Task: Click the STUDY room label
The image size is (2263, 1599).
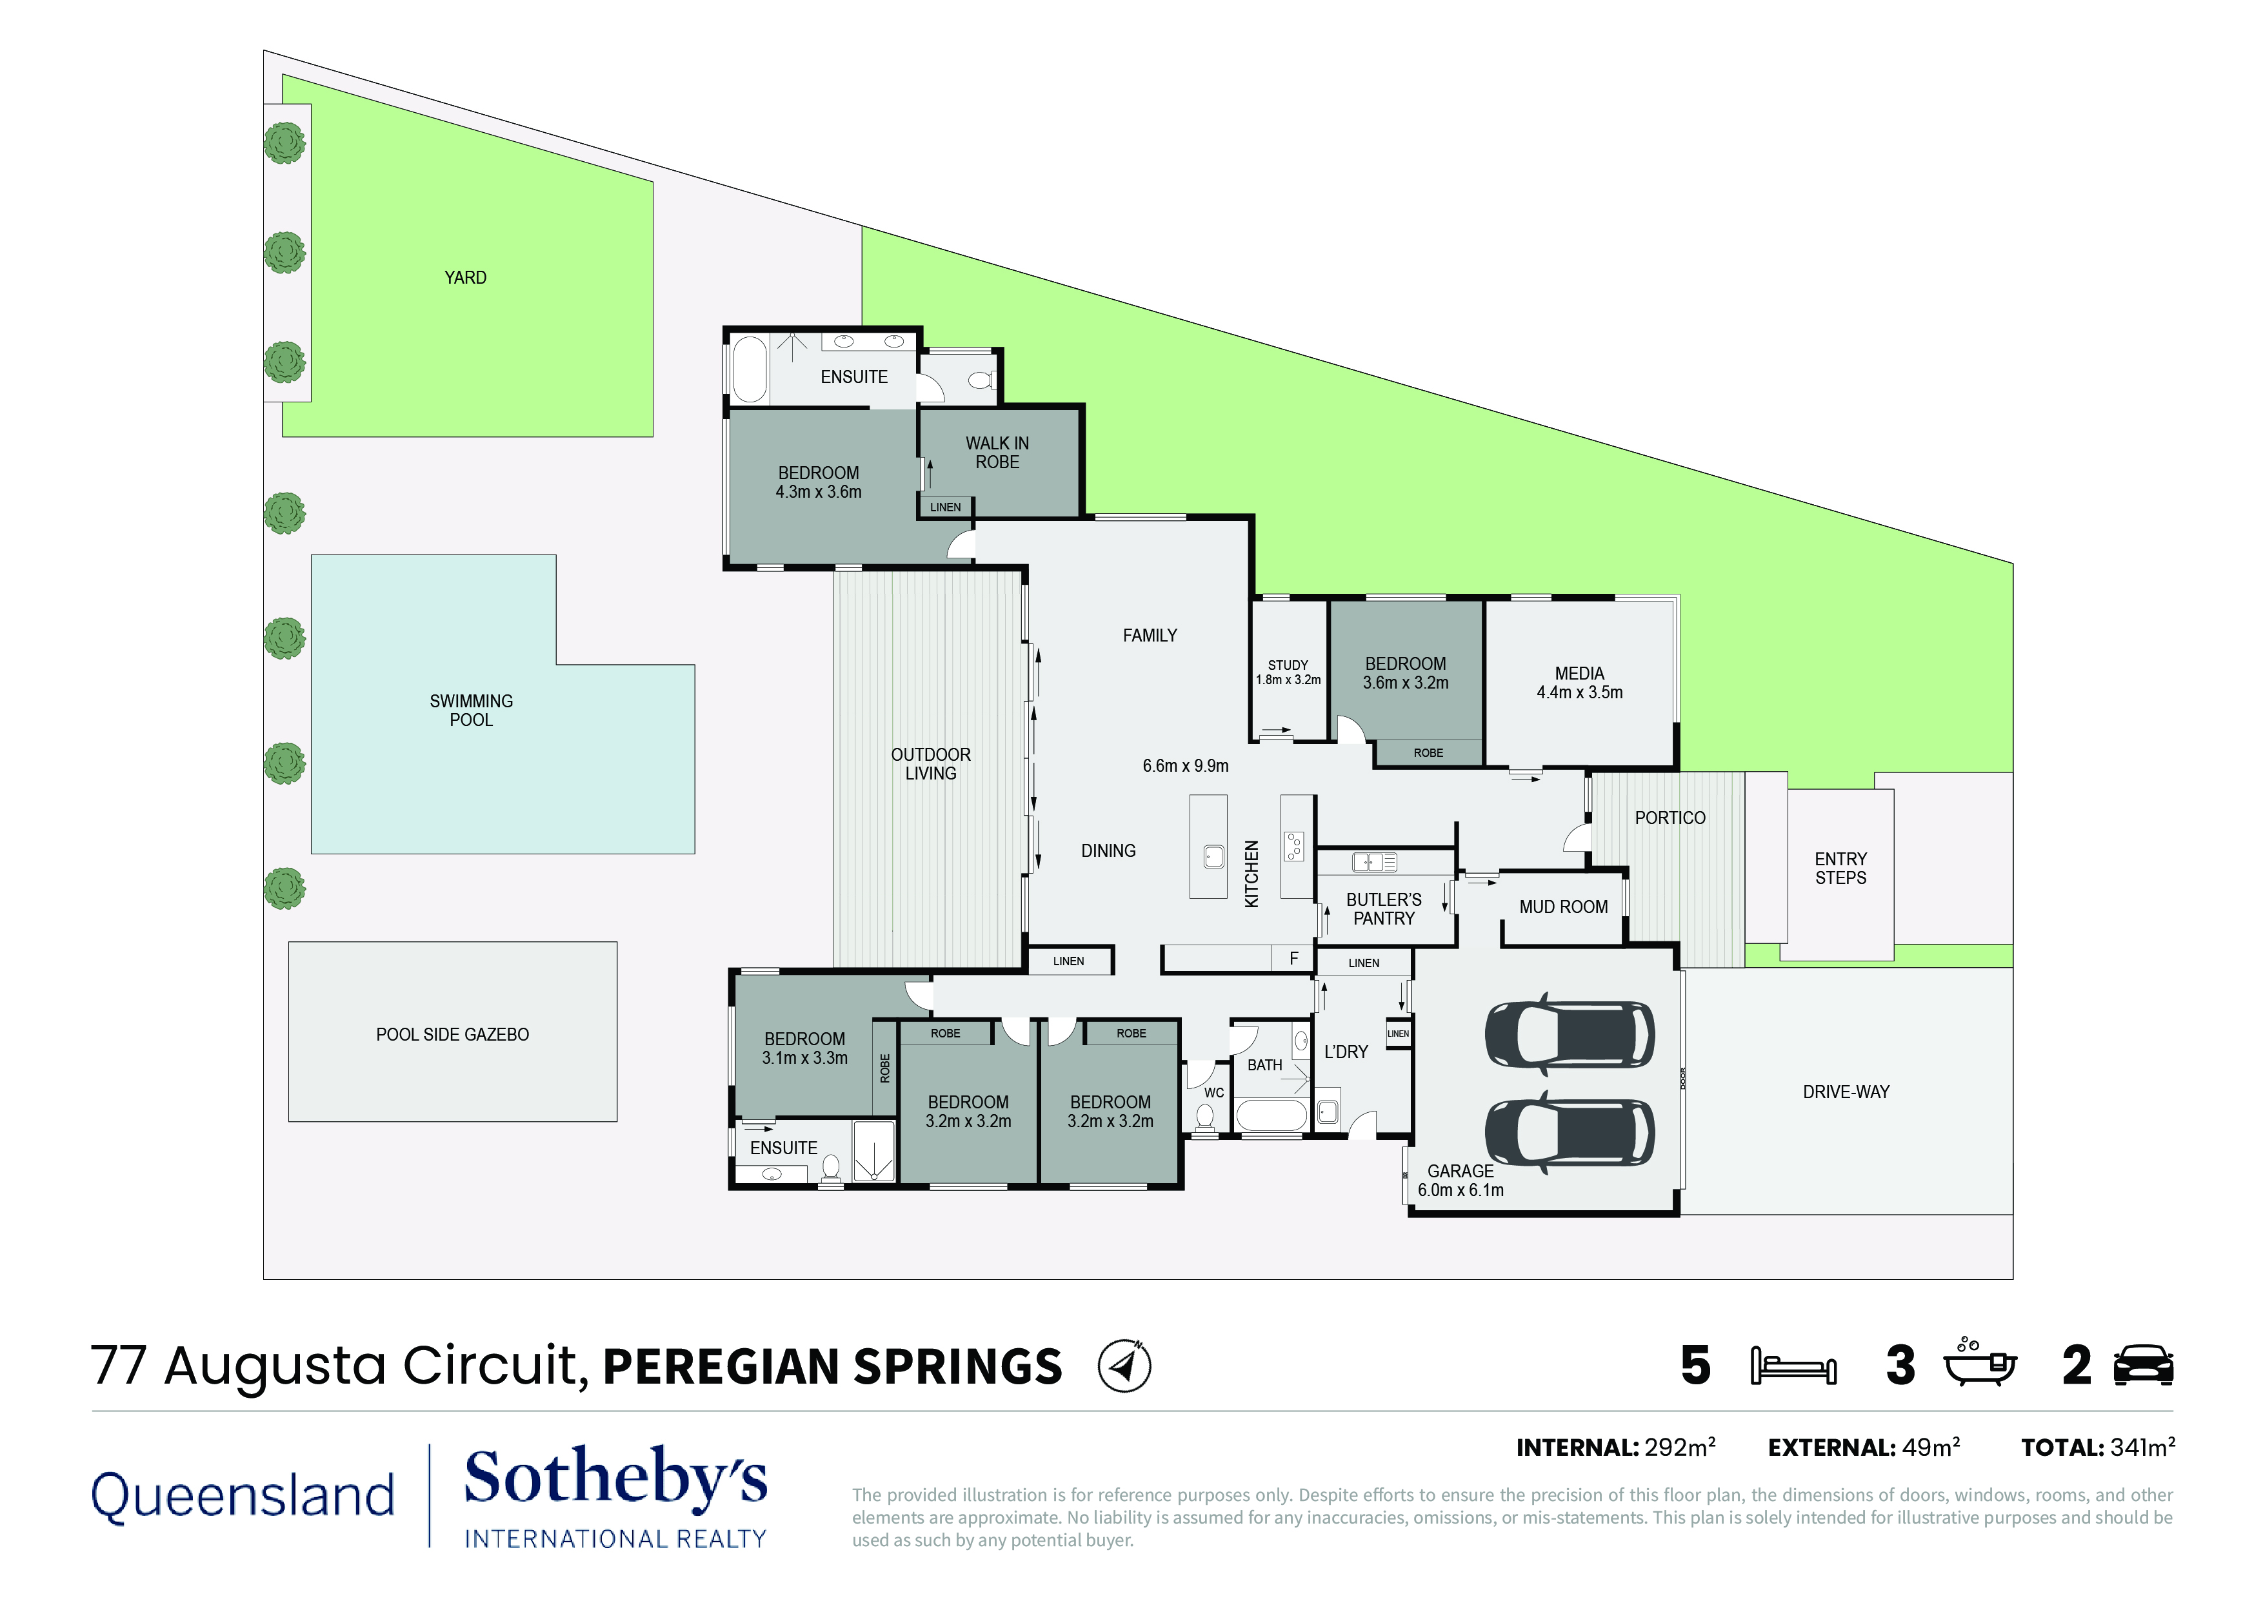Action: pos(1288,665)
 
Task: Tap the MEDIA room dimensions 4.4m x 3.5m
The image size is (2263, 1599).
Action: pos(1579,692)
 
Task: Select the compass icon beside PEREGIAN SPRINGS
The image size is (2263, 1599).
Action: pos(1124,1366)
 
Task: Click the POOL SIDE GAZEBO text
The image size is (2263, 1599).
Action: pos(452,1034)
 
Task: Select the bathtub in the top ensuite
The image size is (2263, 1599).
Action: pos(749,369)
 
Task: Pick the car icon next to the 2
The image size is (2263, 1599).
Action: pos(2145,1366)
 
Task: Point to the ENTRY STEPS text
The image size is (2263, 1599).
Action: pos(1840,868)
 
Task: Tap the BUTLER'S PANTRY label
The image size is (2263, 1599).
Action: pos(1384,909)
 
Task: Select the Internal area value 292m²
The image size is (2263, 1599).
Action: pos(1679,1447)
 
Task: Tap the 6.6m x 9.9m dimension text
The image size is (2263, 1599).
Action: pos(1186,765)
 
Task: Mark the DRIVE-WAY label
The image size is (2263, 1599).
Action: pos(1846,1092)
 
